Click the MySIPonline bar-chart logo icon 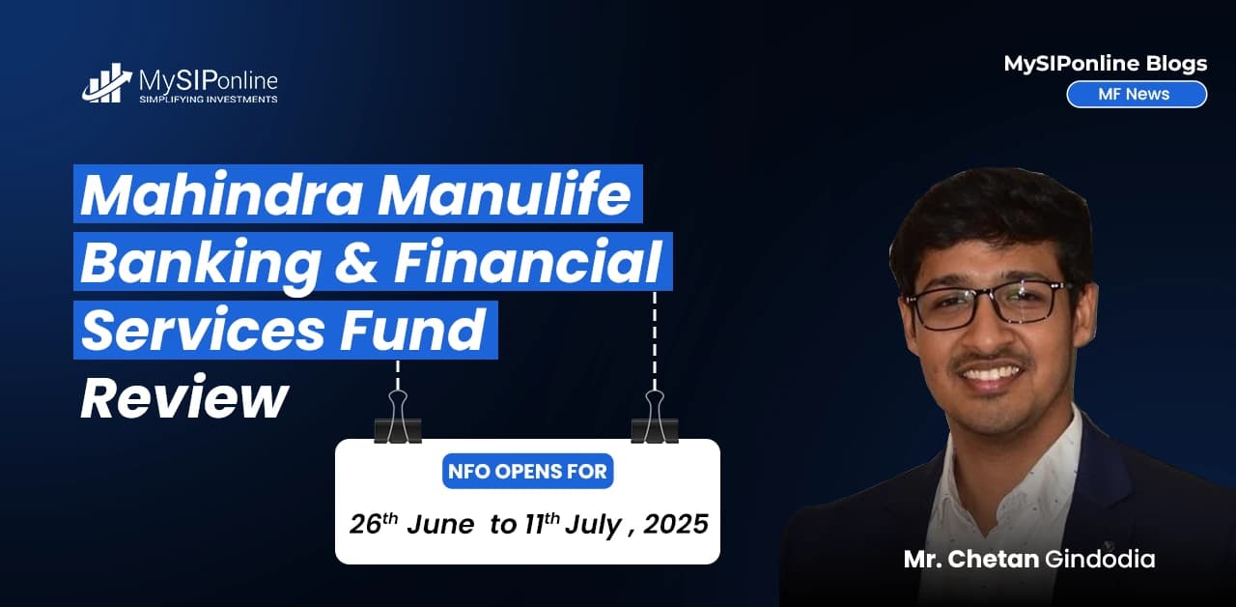107,84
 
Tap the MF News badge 1136,94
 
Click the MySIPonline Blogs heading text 1105,64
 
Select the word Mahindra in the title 221,194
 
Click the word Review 183,396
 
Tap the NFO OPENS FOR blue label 527,472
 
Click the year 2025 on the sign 676,524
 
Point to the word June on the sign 440,525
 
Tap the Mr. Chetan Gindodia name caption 1028,559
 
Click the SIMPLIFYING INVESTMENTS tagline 209,100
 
